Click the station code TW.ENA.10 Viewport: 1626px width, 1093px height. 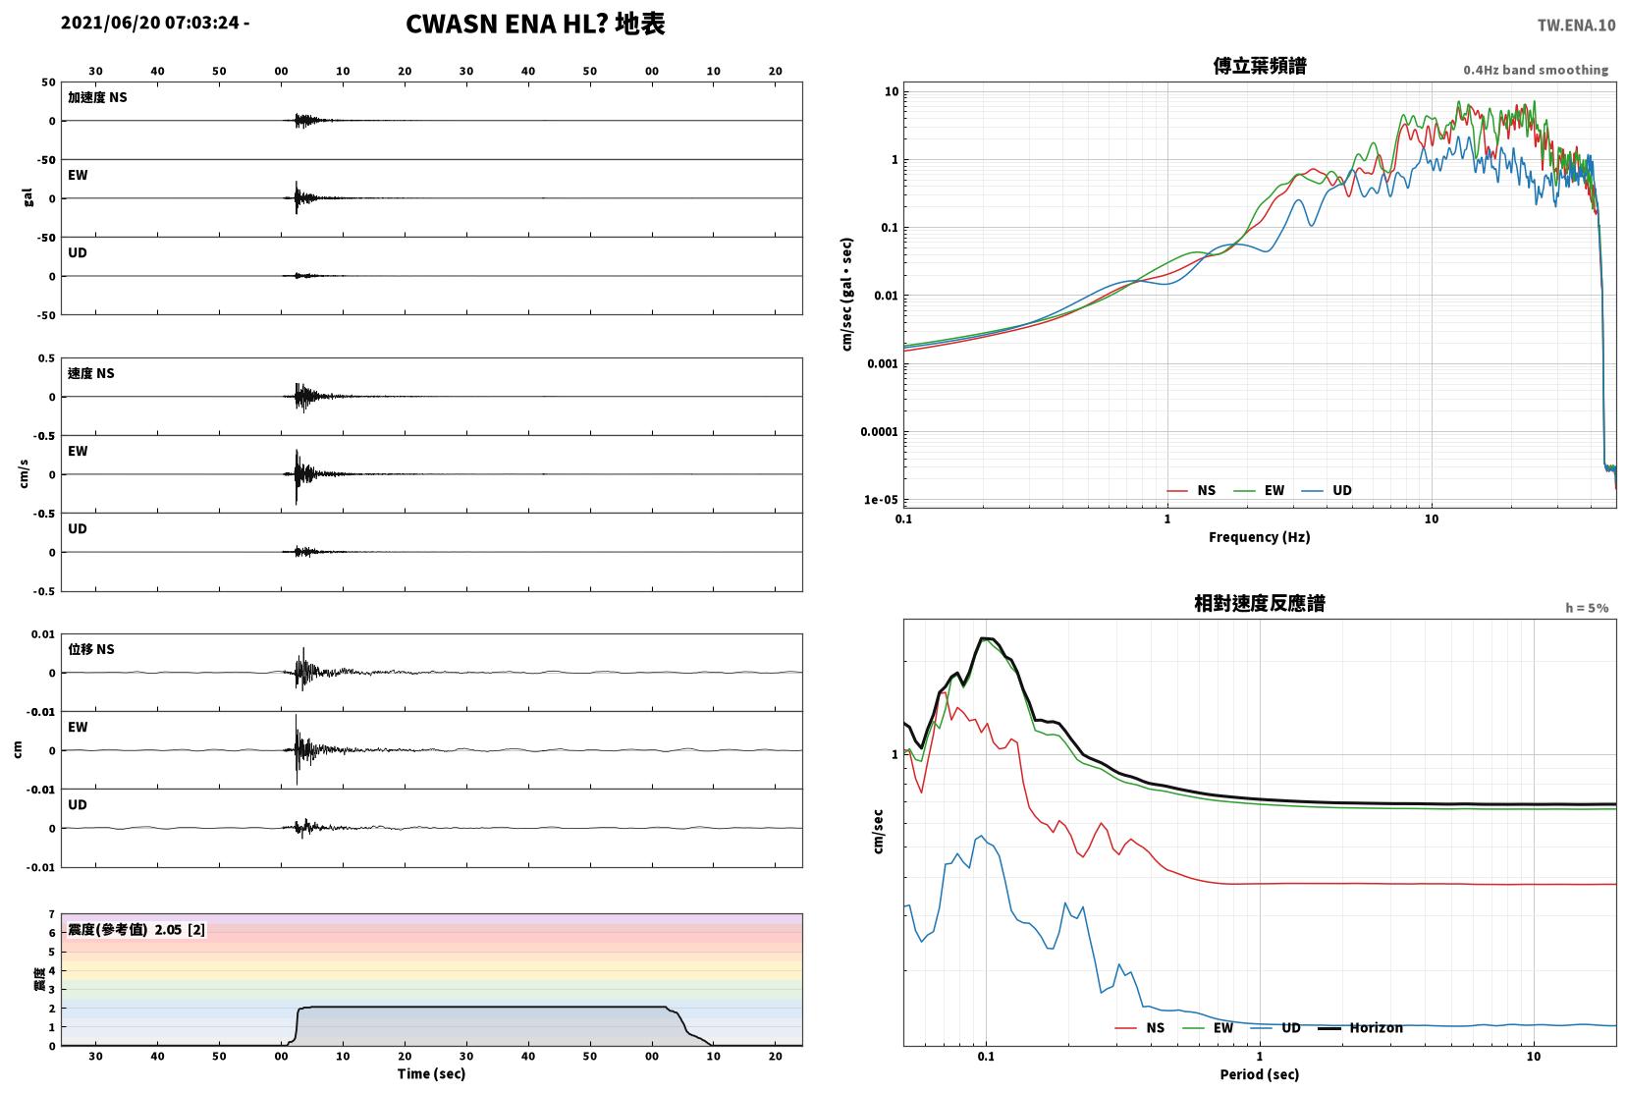(x=1576, y=26)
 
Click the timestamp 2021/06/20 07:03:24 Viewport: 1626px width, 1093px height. (x=149, y=23)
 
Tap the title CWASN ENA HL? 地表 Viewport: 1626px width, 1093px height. (x=535, y=24)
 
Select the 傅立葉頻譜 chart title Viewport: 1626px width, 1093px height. (x=1260, y=66)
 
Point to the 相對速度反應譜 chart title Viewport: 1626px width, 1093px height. (x=1260, y=603)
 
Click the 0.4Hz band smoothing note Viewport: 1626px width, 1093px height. (x=1536, y=70)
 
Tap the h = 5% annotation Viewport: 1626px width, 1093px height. (x=1586, y=608)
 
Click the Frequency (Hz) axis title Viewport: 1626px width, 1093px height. (x=1259, y=537)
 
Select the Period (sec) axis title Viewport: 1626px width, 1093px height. (x=1259, y=1074)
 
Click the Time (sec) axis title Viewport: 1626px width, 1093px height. (x=431, y=1073)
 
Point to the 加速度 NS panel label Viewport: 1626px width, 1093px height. (x=97, y=97)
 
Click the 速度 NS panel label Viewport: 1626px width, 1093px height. (x=90, y=373)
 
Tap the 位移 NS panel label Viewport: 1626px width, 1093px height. (x=90, y=649)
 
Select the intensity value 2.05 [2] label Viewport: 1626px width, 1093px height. (x=180, y=930)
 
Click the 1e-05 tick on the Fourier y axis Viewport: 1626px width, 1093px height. (x=880, y=499)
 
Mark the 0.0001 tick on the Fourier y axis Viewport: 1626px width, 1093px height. (x=879, y=432)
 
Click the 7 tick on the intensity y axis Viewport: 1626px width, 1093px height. (x=51, y=914)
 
